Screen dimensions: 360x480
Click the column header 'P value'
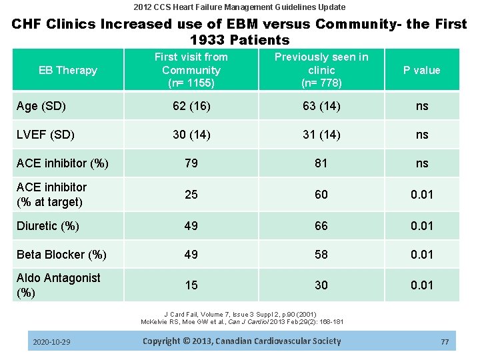pyautogui.click(x=422, y=70)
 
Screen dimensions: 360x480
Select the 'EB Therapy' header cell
pyautogui.click(x=68, y=70)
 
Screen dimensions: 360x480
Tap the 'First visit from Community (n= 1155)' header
pyautogui.click(x=191, y=70)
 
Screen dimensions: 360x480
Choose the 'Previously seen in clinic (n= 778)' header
pyautogui.click(x=321, y=70)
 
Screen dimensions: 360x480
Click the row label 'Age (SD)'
pyautogui.click(x=41, y=106)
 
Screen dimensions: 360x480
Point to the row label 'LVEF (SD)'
pyautogui.click(x=45, y=135)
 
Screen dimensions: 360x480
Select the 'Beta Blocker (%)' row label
pyautogui.click(x=61, y=255)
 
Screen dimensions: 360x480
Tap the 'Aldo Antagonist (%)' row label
pyautogui.click(x=59, y=285)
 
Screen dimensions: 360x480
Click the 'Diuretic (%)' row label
pyautogui.click(x=48, y=226)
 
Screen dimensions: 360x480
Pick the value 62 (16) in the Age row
pyautogui.click(x=191, y=106)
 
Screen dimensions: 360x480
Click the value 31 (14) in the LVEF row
pyautogui.click(x=321, y=135)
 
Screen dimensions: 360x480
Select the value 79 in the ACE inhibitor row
pyautogui.click(x=191, y=163)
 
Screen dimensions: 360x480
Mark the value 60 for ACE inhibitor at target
pyautogui.click(x=321, y=194)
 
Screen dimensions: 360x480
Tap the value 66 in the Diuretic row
pyautogui.click(x=321, y=226)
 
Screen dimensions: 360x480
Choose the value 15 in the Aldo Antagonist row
pyautogui.click(x=191, y=285)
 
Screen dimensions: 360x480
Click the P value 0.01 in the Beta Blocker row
pyautogui.click(x=422, y=255)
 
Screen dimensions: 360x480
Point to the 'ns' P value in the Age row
pyautogui.click(x=422, y=106)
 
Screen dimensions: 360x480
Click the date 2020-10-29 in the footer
pyautogui.click(x=51, y=342)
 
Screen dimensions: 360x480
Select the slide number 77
pyautogui.click(x=445, y=342)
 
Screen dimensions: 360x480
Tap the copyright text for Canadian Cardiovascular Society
pyautogui.click(x=241, y=341)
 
